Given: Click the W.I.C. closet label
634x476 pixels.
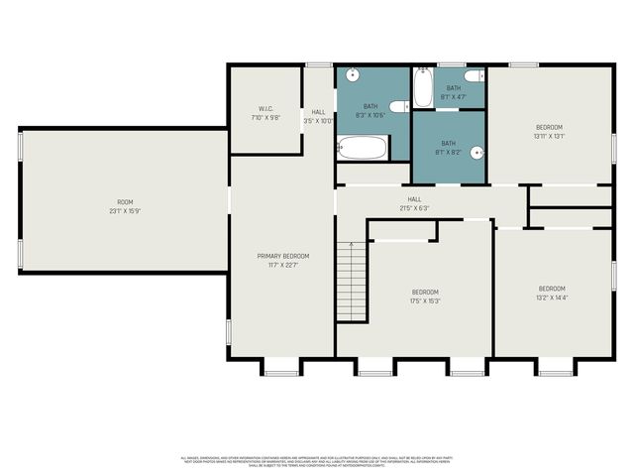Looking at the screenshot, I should pos(265,111).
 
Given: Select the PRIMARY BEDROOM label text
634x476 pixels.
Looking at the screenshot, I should pos(282,260).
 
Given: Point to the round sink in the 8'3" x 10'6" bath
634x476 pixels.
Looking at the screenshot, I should pos(353,75).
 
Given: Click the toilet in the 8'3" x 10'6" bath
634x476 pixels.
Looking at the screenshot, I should pos(397,106).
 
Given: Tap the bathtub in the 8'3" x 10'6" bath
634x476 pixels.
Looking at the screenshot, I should pos(363,149).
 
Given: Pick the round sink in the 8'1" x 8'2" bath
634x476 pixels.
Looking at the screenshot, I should pos(476,153).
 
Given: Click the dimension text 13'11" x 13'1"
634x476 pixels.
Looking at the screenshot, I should pos(549,137).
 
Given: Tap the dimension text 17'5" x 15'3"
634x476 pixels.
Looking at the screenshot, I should pos(426,300).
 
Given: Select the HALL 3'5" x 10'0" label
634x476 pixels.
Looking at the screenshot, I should pos(319,117).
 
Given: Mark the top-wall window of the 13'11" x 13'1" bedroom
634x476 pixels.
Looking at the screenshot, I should pos(524,65).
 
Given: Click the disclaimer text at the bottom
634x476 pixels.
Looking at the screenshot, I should pos(316,460).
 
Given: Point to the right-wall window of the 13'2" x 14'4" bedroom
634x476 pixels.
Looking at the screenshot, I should pos(613,272).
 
